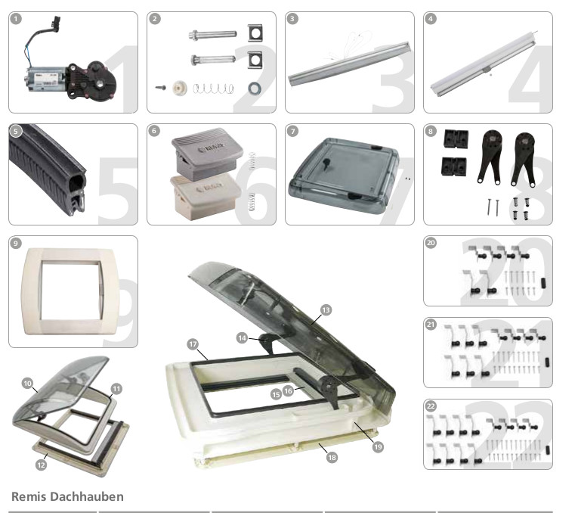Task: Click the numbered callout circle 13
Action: (326, 310)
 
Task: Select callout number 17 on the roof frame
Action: (193, 344)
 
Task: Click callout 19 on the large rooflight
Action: (378, 446)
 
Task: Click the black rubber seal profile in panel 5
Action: (49, 170)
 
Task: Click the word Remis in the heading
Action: (26, 497)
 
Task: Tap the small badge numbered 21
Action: (431, 325)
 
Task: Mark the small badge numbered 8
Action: (431, 132)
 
